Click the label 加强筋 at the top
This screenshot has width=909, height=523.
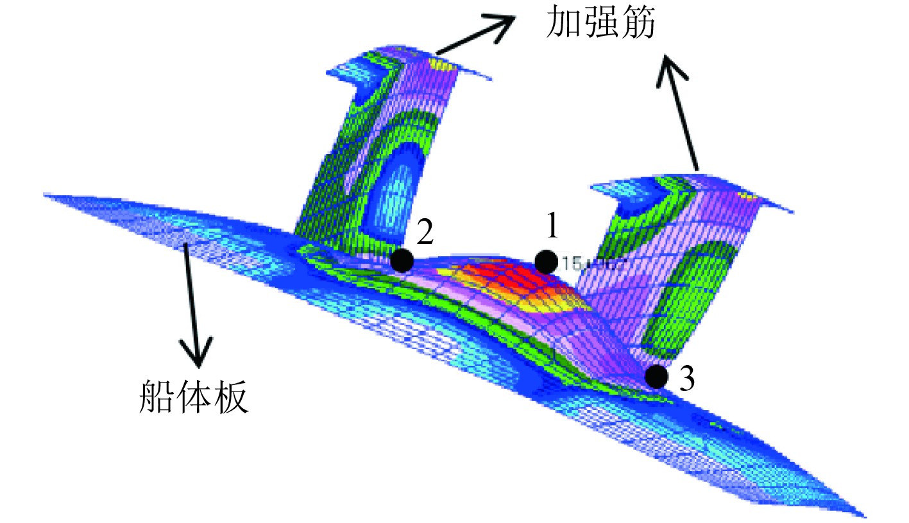tap(599, 25)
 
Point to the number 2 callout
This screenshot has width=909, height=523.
tap(425, 234)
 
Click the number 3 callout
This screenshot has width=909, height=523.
tap(686, 381)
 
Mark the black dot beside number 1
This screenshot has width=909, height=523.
tap(546, 261)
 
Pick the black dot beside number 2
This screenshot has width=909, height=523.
tap(402, 260)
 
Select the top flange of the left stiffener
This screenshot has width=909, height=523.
tap(411, 61)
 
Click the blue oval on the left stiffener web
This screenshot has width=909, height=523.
tap(396, 193)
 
